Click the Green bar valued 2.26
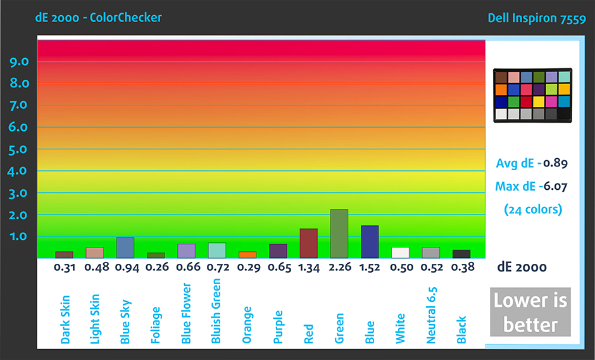point(339,233)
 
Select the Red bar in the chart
point(308,243)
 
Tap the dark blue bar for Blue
point(370,242)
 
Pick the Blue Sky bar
point(125,247)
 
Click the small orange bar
point(247,254)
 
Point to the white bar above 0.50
point(400,252)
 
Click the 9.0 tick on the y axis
point(18,61)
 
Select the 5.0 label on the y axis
point(18,149)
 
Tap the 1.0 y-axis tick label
point(18,237)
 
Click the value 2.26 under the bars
point(339,268)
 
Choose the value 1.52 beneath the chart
point(370,268)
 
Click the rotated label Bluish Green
point(216,311)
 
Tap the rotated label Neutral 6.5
point(431,315)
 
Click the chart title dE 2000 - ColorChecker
point(98,18)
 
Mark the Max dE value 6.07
point(555,185)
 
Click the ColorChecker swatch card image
point(532,96)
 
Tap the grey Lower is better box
point(530,313)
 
